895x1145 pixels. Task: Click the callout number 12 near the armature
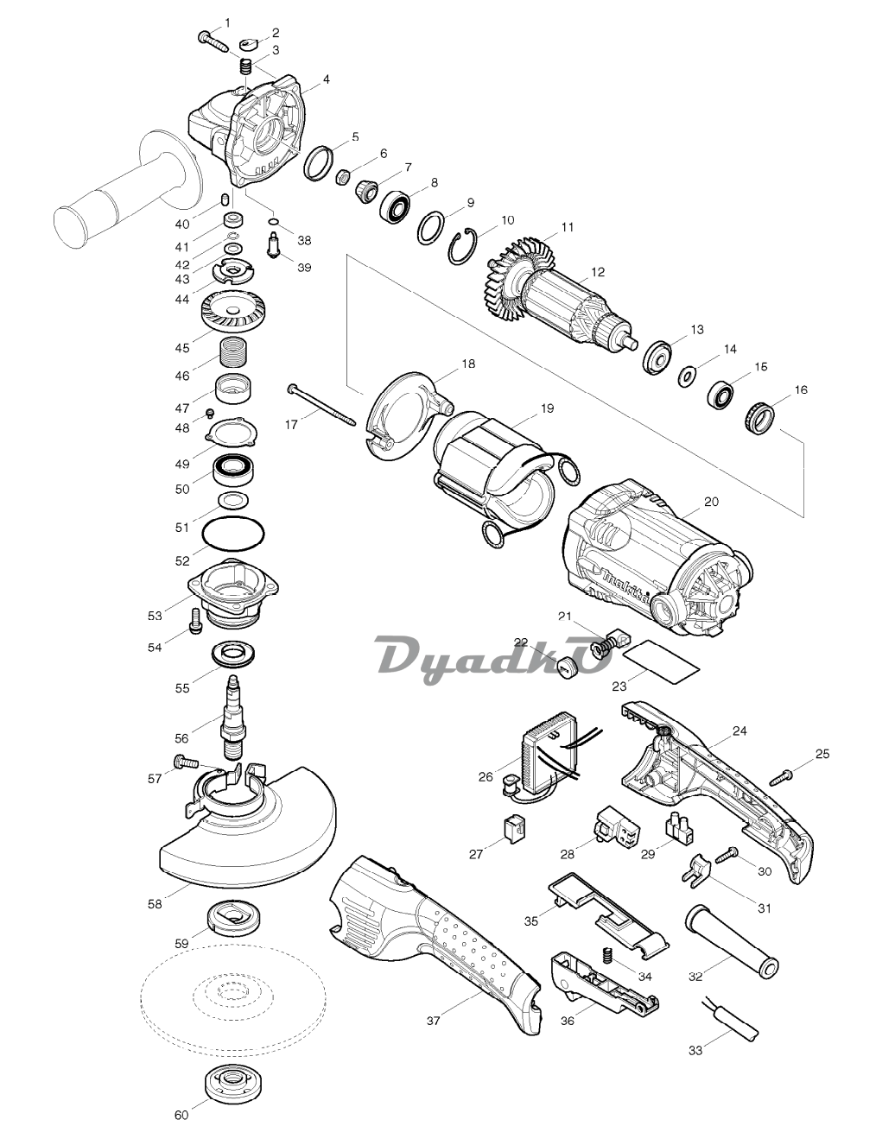[x=598, y=272]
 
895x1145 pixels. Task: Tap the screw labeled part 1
[x=213, y=41]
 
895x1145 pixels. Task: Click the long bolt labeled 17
[x=321, y=405]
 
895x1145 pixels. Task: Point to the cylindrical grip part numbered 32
[x=732, y=940]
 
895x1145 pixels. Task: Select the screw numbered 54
[x=195, y=622]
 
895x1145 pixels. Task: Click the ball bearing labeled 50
[x=233, y=468]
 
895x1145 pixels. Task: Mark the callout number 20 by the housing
[x=711, y=502]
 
